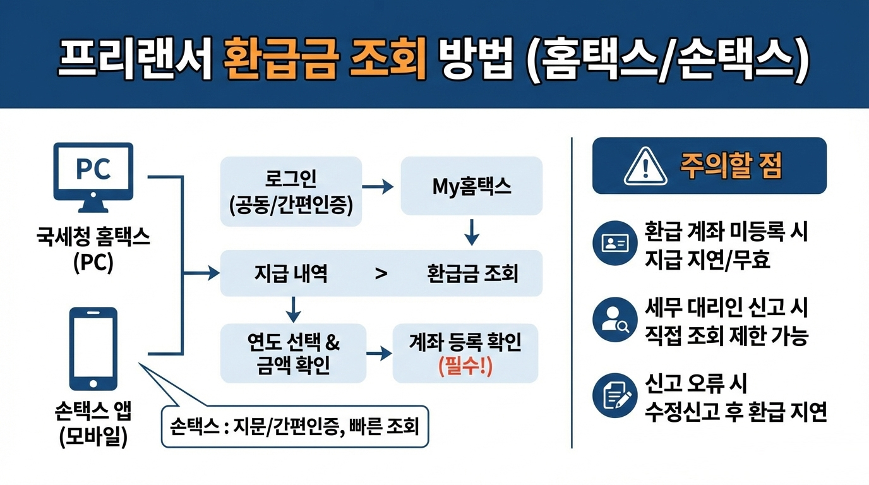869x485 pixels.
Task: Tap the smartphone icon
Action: (x=93, y=349)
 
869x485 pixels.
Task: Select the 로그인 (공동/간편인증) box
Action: (x=291, y=191)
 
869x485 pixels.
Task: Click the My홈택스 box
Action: (x=471, y=186)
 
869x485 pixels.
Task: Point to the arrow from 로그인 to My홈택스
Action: (x=379, y=187)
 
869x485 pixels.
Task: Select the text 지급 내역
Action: (x=291, y=274)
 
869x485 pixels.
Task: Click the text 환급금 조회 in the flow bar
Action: (x=472, y=274)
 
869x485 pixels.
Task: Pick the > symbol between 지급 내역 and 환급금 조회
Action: (x=381, y=274)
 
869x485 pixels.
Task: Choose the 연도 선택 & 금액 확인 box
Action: (x=293, y=353)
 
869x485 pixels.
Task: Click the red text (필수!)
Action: (x=465, y=367)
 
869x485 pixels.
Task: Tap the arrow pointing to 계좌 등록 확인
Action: (x=379, y=353)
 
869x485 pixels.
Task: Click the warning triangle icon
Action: (x=645, y=166)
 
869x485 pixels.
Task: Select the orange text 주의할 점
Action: (x=731, y=166)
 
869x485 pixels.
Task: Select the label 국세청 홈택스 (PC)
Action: (x=93, y=250)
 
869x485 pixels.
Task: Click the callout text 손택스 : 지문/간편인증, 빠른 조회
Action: (x=294, y=426)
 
